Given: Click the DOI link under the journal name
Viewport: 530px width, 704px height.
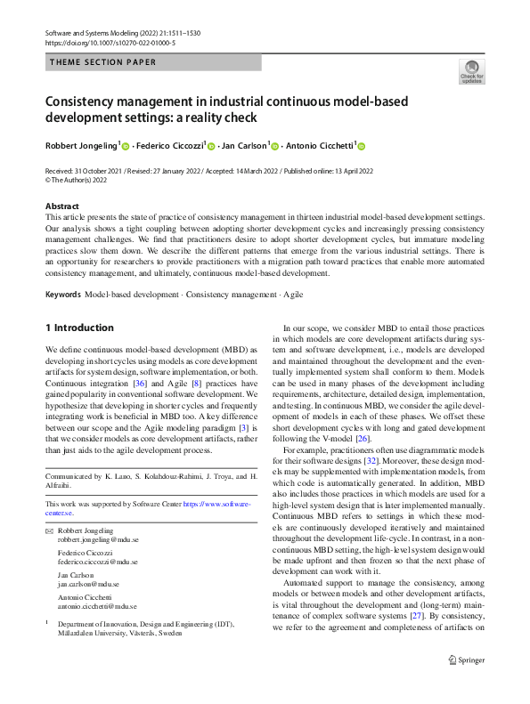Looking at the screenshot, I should [x=110, y=42].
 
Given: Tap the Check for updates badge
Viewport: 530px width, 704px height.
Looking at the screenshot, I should [x=471, y=71].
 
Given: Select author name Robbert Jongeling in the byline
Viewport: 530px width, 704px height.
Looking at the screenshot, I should [x=79, y=146].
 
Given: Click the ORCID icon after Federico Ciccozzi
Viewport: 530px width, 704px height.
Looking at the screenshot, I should [x=211, y=146].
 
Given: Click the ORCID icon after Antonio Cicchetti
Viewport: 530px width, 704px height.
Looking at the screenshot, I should [x=362, y=146].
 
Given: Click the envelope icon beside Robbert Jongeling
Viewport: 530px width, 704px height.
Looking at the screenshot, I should [x=50, y=530].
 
